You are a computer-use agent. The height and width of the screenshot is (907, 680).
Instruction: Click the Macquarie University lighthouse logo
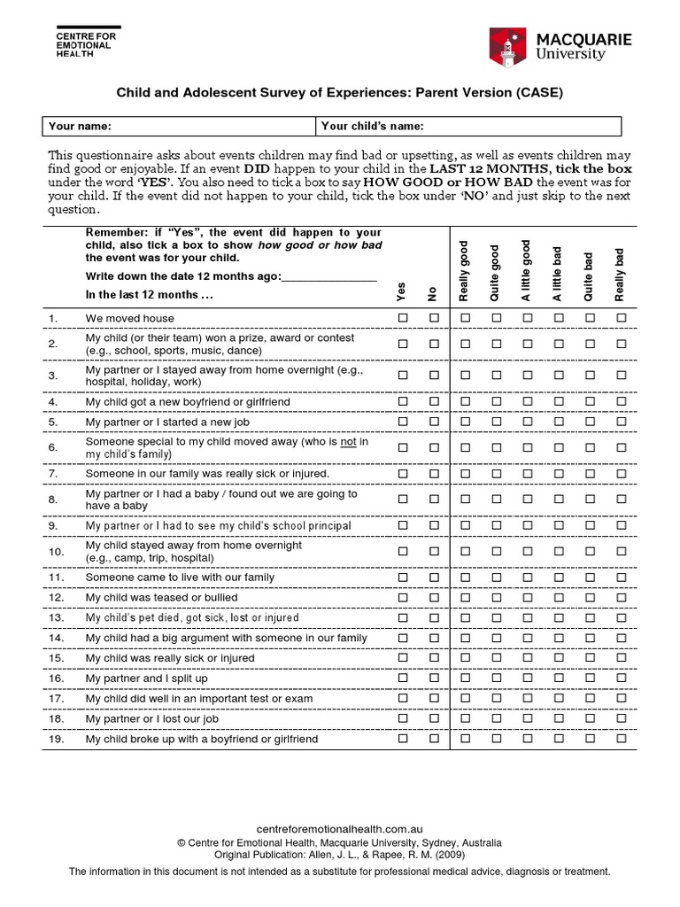(507, 46)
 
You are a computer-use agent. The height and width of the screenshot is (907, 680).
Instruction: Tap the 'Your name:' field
(179, 126)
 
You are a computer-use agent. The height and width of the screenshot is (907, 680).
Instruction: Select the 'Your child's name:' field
(468, 126)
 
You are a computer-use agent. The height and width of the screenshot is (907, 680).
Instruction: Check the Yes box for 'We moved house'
(403, 318)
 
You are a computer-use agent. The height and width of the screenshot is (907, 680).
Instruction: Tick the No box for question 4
(434, 401)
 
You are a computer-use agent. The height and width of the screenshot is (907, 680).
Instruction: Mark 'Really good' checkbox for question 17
(465, 698)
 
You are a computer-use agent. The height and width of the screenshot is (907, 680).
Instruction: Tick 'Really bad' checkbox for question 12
(621, 598)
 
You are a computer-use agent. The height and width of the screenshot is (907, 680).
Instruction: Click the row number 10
(56, 552)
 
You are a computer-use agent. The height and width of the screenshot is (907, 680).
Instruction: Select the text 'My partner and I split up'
(146, 678)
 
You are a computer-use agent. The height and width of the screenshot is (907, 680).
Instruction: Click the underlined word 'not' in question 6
(348, 441)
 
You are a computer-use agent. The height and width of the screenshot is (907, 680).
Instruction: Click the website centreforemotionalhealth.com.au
(341, 830)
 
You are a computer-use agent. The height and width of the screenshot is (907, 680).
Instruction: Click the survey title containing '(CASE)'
(340, 91)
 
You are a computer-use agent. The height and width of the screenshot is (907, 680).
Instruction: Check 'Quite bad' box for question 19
(590, 738)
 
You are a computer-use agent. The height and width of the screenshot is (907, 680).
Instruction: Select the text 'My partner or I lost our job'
(151, 718)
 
